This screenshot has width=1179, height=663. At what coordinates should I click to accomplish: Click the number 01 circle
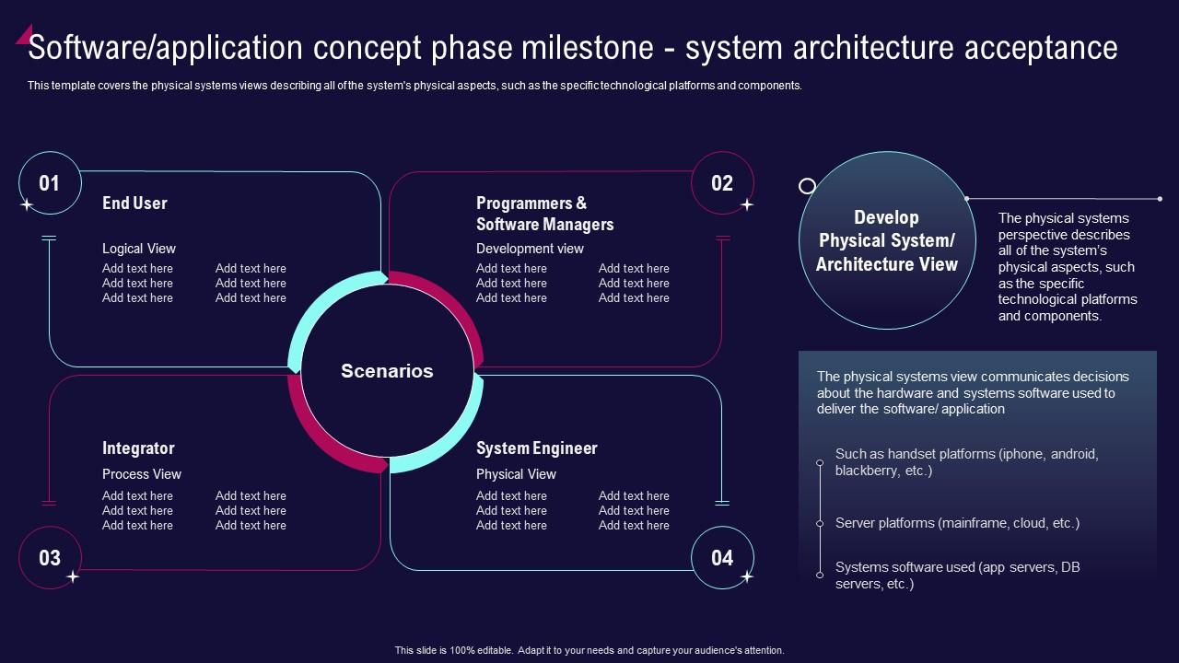50,183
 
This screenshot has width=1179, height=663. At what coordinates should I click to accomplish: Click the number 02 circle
722,183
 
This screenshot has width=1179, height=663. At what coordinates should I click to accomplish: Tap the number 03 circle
50,557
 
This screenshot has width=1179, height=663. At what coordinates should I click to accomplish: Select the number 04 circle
722,557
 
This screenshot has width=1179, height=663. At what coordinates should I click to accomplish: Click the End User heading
134,204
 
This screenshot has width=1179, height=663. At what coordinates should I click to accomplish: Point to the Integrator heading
138,448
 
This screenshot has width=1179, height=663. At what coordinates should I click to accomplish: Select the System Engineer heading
536,448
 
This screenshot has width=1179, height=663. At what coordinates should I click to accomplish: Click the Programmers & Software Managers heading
543,214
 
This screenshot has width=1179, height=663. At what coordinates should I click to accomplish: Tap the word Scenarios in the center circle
387,371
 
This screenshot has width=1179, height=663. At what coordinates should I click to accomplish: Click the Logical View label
138,249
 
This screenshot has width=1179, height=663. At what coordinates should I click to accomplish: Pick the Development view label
530,249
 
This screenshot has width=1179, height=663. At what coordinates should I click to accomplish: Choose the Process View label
142,474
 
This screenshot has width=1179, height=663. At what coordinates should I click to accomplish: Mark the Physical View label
516,474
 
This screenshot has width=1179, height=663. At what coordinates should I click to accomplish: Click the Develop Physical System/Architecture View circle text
886,241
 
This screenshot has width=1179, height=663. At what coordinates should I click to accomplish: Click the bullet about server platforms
957,523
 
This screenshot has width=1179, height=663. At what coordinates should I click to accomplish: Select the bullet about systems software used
956,576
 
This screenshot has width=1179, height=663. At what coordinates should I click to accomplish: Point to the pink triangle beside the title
24,34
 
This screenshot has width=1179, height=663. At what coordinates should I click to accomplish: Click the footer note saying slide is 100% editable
589,650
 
